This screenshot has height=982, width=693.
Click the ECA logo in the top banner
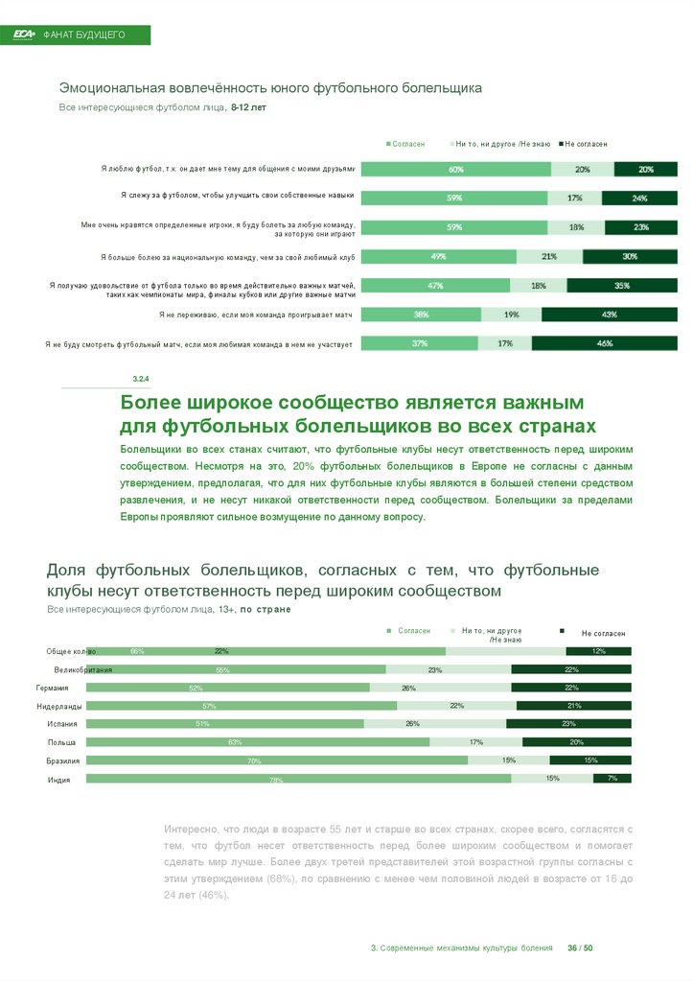23,35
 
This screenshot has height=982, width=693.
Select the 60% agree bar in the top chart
455,170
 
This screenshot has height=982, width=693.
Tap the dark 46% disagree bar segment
604,343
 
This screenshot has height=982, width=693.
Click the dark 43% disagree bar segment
609,315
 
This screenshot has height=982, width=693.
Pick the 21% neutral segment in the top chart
549,257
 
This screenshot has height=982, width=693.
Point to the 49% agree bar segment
439,257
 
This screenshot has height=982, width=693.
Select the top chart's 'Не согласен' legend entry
583,144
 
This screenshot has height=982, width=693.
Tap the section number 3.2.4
140,381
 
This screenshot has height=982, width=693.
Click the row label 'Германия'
52,688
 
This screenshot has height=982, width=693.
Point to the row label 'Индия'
59,779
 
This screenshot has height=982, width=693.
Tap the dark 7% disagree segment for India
612,778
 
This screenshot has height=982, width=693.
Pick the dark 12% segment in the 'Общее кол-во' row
598,651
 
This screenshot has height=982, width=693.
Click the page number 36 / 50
581,947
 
